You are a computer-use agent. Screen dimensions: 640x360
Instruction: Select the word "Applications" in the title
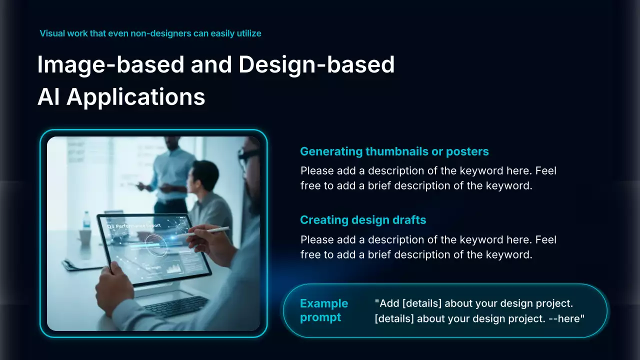click(135, 97)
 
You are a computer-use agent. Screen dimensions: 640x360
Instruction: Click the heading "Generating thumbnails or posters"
click(394, 151)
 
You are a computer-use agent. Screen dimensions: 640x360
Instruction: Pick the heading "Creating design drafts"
click(363, 220)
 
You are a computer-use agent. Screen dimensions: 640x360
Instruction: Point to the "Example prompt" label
click(324, 310)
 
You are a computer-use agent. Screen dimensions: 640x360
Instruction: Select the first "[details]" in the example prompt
click(421, 303)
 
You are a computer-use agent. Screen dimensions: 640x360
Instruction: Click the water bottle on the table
click(86, 220)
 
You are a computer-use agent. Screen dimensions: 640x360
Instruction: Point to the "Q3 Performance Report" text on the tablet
click(133, 226)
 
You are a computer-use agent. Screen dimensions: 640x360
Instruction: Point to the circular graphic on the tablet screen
click(155, 245)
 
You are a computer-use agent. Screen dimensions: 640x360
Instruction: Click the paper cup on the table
click(85, 237)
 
